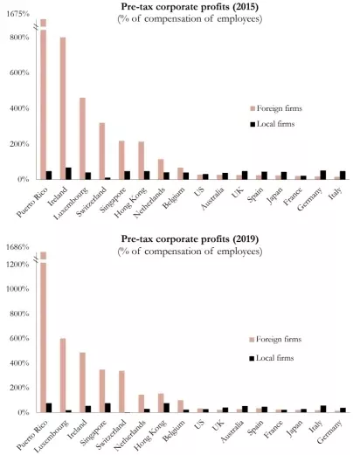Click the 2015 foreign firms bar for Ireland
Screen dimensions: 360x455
pyautogui.click(x=63, y=108)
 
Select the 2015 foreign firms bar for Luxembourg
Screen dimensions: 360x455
pyautogui.click(x=82, y=139)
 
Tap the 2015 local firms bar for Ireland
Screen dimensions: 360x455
pyautogui.click(x=68, y=174)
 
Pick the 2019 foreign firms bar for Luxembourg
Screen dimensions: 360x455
pyautogui.click(x=63, y=376)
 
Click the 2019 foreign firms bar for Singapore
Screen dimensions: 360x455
pyautogui.click(x=102, y=391)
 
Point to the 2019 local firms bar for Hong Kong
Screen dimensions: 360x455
pyautogui.click(x=167, y=408)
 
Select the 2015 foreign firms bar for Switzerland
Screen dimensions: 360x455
pyautogui.click(x=102, y=151)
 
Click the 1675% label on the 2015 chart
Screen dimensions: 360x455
pyautogui.click(x=17, y=14)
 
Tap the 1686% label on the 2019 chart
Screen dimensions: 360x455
pyautogui.click(x=17, y=247)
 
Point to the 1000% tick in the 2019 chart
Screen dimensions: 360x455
pyautogui.click(x=17, y=289)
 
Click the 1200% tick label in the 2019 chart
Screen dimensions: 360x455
pyautogui.click(x=17, y=265)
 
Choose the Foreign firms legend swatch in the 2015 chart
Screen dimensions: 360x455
pyautogui.click(x=253, y=108)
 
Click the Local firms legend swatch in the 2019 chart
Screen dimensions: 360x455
pyautogui.click(x=252, y=358)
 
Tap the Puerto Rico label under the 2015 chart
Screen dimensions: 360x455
pyautogui.click(x=32, y=205)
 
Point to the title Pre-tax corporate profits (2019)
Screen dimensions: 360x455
pyautogui.click(x=190, y=239)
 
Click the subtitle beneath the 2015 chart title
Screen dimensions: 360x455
pyautogui.click(x=190, y=19)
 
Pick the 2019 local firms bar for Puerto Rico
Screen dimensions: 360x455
pyautogui.click(x=49, y=408)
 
